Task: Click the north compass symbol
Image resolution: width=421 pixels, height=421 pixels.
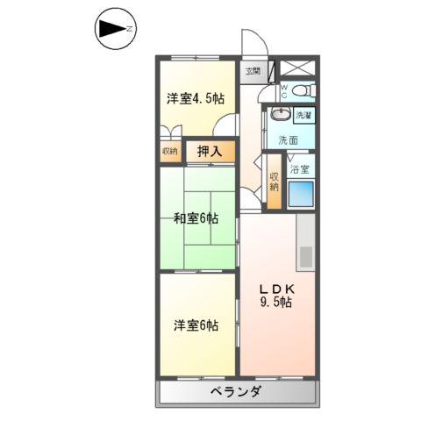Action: [x=113, y=32]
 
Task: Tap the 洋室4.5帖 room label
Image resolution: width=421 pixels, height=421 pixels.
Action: [x=195, y=98]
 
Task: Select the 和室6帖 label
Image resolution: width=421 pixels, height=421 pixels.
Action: [x=196, y=218]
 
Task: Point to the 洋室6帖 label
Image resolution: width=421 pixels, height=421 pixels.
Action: [x=195, y=325]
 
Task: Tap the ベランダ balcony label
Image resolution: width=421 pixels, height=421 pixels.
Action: [x=234, y=392]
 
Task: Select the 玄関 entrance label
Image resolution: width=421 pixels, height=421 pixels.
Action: [x=253, y=72]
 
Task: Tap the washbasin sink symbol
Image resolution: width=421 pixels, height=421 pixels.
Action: [x=280, y=116]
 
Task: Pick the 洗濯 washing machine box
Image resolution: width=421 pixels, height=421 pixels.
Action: [x=303, y=116]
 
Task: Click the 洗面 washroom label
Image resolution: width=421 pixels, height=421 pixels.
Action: [x=289, y=140]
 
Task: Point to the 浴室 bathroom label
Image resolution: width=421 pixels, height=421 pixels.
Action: [x=300, y=169]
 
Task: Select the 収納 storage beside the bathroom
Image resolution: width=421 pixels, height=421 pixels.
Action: [x=275, y=181]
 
